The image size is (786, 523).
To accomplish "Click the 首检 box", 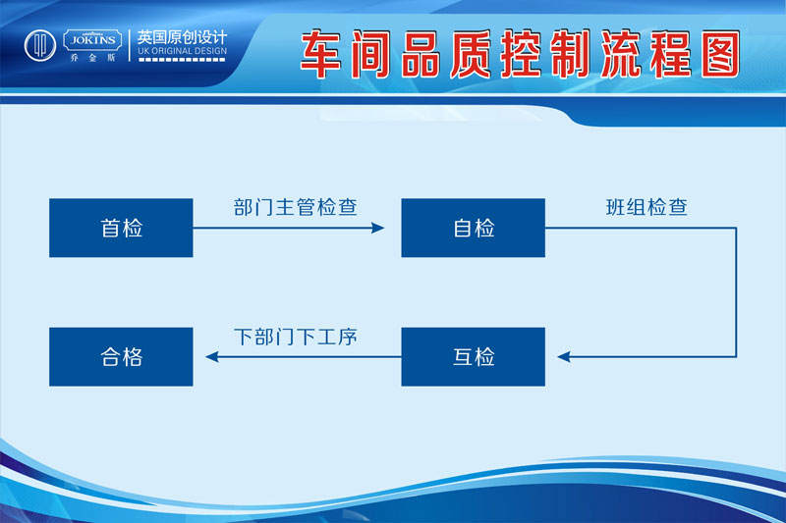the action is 121,228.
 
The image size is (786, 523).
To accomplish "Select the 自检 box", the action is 474,228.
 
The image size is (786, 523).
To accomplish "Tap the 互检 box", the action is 474,357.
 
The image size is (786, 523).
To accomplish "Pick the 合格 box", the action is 121,357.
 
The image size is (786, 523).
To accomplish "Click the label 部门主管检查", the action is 296,207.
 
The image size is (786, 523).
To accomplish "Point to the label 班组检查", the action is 646,207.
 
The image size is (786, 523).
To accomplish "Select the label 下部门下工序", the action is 296,337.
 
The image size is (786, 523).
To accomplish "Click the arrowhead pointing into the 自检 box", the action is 378,229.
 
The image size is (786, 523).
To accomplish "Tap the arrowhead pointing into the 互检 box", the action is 564,357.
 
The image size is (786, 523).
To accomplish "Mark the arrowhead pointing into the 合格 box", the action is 212,357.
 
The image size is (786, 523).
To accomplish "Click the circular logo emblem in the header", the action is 40,45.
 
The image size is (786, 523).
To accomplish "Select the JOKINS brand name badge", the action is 92,40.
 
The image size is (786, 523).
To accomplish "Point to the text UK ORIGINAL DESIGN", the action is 183,51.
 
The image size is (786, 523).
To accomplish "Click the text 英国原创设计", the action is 182,37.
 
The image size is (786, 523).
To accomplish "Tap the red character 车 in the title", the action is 321,54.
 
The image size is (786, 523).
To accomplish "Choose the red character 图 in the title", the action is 721,54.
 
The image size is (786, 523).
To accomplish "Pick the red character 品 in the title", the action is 421,54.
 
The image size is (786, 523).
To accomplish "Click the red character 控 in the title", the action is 521,54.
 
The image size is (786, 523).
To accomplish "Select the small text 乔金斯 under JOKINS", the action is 92,58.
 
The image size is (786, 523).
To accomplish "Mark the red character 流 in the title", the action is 621,54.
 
